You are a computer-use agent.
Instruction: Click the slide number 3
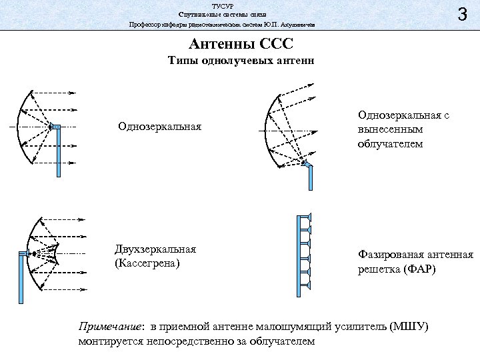461,14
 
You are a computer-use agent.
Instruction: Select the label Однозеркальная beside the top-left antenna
159,127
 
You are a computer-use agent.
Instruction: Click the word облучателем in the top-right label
390,143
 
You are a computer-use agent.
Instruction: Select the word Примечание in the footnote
109,327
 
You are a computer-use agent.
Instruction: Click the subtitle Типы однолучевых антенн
240,61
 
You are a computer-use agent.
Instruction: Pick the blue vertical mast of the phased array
298,253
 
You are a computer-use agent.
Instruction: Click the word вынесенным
390,129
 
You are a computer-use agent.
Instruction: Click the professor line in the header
223,25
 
